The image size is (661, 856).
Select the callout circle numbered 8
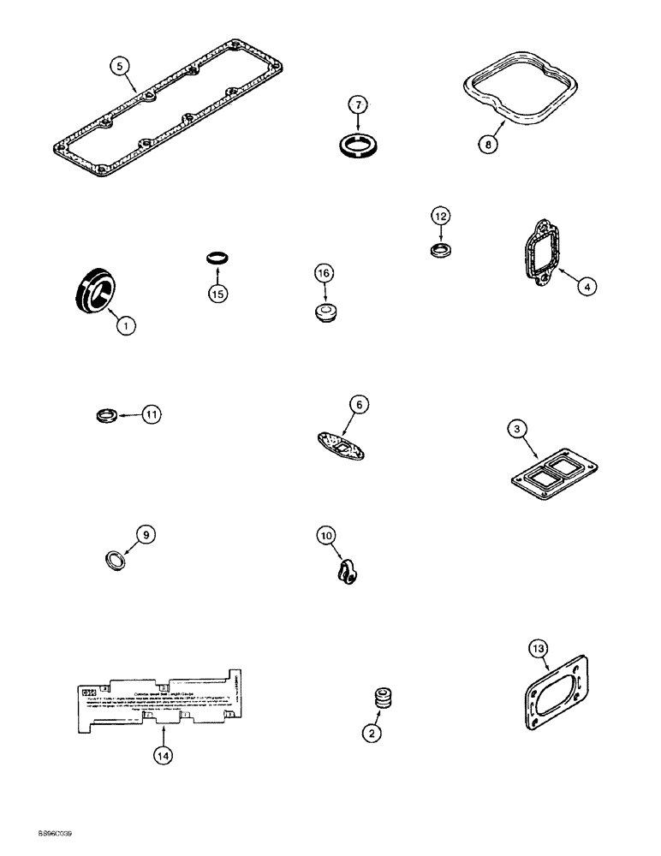[x=486, y=145]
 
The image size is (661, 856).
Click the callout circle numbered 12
[x=440, y=217]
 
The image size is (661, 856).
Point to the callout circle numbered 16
[x=323, y=274]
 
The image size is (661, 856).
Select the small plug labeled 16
[x=325, y=311]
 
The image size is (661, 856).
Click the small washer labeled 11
[x=104, y=416]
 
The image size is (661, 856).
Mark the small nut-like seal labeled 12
[x=439, y=251]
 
